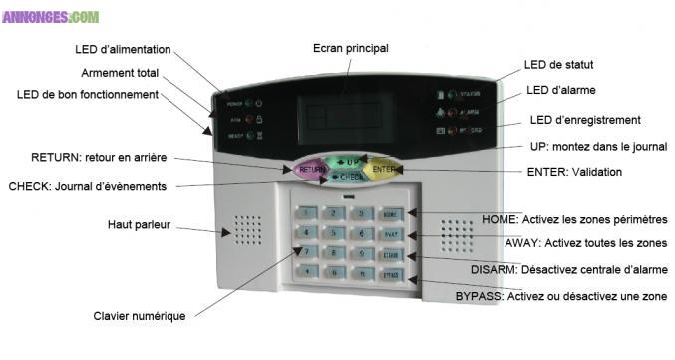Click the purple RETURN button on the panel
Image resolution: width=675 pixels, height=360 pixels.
click(x=311, y=170)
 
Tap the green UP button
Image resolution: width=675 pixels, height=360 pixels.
click(x=349, y=161)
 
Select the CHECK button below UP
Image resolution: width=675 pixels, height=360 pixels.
click(x=348, y=178)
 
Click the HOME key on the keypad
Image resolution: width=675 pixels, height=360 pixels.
click(x=391, y=214)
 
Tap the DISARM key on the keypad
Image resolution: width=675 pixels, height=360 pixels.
click(x=391, y=253)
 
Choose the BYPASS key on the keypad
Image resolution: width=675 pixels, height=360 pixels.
click(x=390, y=273)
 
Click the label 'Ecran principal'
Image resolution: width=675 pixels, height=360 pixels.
click(x=351, y=48)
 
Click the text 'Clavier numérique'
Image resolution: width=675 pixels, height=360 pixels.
click(x=140, y=316)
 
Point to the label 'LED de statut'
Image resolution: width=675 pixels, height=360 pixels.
click(x=558, y=65)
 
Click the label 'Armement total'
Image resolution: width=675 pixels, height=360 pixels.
click(x=121, y=73)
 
